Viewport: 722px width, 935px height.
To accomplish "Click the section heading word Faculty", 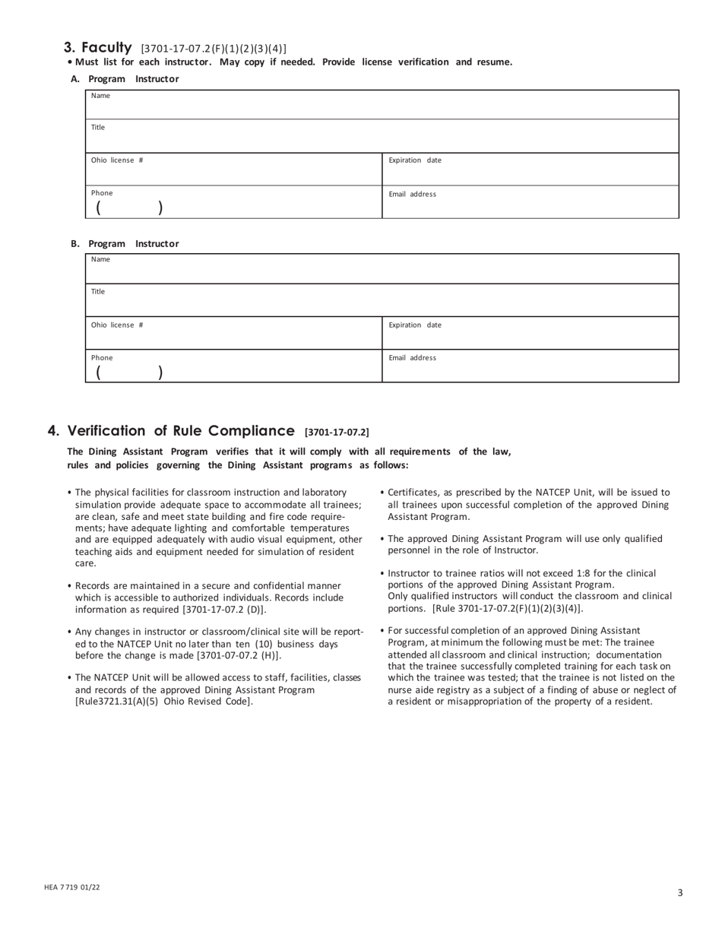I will (x=106, y=47).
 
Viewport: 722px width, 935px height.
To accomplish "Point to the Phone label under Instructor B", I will (x=102, y=358).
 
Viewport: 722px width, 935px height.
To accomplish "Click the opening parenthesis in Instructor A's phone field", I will (x=99, y=208).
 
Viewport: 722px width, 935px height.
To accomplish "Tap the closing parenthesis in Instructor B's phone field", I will (x=160, y=372).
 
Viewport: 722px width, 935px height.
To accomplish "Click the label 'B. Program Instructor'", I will (x=125, y=244).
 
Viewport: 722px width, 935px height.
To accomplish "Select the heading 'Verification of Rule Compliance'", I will (x=181, y=431).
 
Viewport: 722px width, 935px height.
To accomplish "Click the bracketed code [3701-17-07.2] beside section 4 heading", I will (x=337, y=433).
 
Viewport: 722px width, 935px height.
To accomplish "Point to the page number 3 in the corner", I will (x=680, y=892).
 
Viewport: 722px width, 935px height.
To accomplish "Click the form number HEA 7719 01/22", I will (x=72, y=887).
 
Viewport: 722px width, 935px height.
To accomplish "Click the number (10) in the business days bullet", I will (x=264, y=644).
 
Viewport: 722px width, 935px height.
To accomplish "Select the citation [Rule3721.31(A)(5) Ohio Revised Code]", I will (x=163, y=701).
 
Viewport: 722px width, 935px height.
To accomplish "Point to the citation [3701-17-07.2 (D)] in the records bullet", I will (x=224, y=610).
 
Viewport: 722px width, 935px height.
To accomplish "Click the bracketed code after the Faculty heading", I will (x=214, y=49).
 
